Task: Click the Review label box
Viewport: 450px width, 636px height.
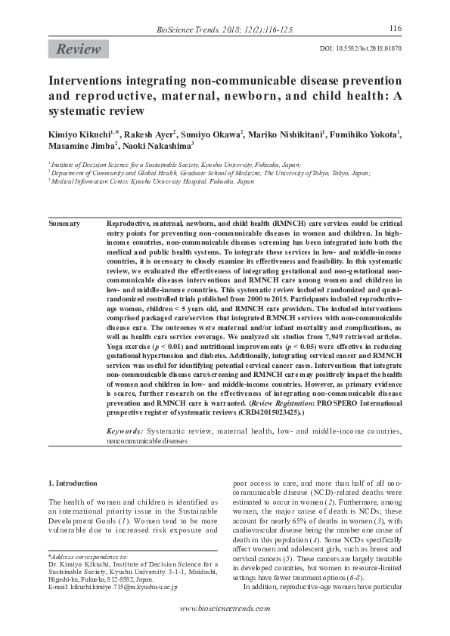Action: click(x=77, y=50)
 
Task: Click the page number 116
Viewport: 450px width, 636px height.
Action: click(x=395, y=29)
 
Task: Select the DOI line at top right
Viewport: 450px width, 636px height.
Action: click(x=362, y=48)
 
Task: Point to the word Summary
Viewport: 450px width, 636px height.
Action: click(x=64, y=225)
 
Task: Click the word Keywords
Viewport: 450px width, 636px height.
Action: click(x=125, y=430)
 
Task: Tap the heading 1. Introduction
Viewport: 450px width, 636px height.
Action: click(x=73, y=483)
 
